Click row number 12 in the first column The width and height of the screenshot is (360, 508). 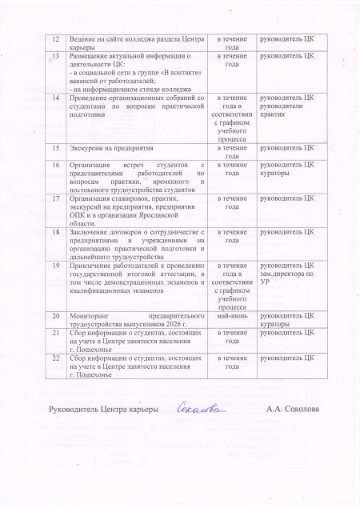point(55,38)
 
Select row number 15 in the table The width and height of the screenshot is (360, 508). point(55,148)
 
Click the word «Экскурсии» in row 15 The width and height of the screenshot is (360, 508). point(88,148)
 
